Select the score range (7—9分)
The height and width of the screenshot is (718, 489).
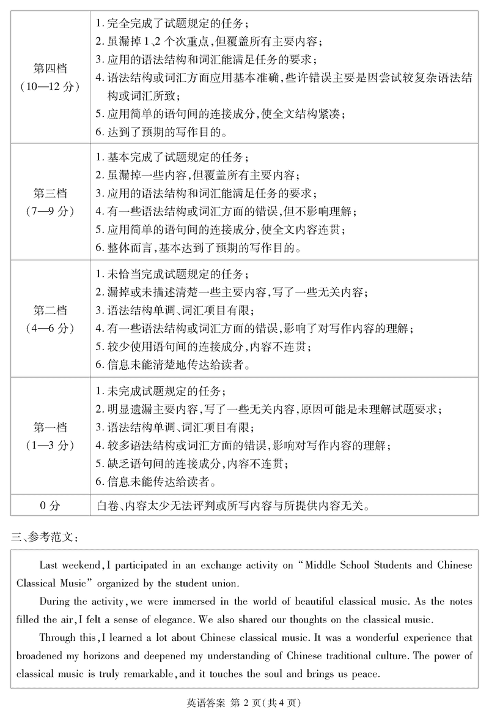coord(50,211)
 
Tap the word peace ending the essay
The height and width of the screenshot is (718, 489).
coord(366,675)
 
